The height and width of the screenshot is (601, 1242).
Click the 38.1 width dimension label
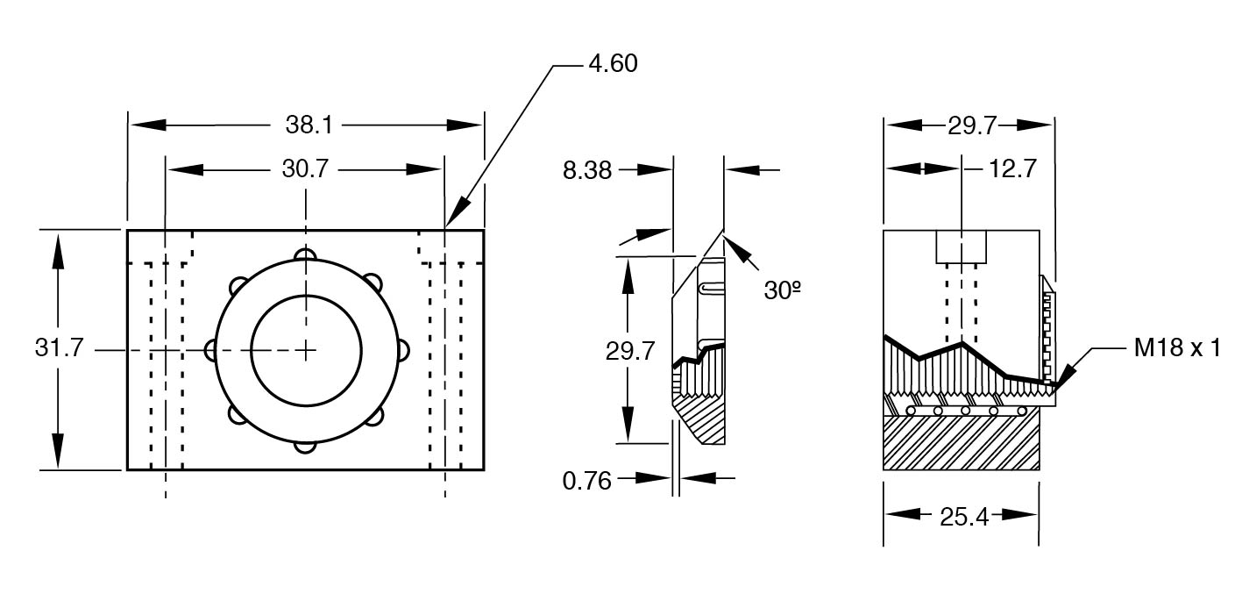click(x=309, y=125)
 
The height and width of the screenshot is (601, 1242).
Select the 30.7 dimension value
click(x=304, y=168)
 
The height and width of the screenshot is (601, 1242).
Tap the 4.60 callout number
click(x=613, y=63)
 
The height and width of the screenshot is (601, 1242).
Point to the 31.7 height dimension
click(x=60, y=348)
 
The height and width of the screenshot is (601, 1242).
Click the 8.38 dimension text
click(x=586, y=170)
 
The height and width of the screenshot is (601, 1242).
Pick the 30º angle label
click(x=783, y=290)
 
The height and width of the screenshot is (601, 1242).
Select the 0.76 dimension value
click(x=586, y=481)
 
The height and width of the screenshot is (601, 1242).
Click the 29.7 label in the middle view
click(x=630, y=351)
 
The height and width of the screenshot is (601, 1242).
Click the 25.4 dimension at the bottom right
click(x=964, y=518)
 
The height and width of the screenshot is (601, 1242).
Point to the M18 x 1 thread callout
click(x=1176, y=348)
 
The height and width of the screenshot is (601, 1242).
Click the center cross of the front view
click(x=305, y=350)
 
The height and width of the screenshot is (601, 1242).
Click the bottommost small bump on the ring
click(x=305, y=446)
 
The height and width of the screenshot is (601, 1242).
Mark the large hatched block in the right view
click(x=961, y=443)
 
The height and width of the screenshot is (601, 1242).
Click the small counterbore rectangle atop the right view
click(x=962, y=247)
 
